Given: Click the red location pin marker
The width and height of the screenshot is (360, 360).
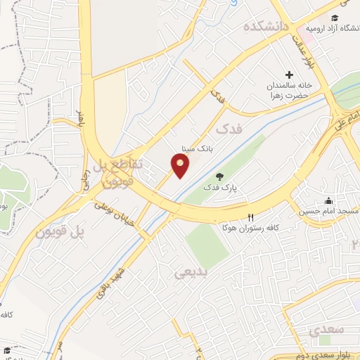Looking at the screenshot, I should click(181, 166).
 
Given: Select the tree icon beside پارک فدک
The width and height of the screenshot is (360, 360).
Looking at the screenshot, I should click(220, 176).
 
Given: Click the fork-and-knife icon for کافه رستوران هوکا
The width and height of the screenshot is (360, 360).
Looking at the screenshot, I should click(250, 217).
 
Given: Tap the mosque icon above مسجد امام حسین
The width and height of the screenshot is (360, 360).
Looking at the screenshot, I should click(328, 200).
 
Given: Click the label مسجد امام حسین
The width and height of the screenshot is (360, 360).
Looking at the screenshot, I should click(328, 211).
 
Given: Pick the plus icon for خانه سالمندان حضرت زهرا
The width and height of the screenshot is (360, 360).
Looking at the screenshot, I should click(289, 75).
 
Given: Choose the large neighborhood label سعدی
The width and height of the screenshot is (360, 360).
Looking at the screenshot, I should click(326, 329).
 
